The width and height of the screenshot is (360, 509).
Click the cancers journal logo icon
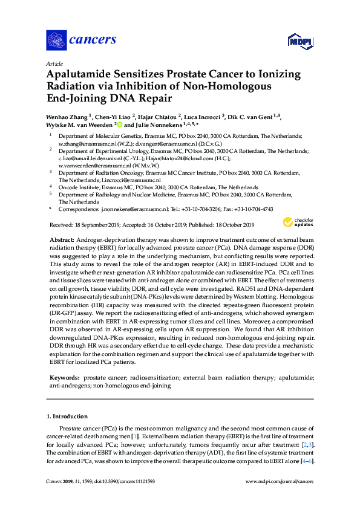pyautogui.click(x=57, y=40)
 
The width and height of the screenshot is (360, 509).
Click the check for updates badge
pyautogui.click(x=300, y=223)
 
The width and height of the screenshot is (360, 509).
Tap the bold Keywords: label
pyautogui.click(x=65, y=377)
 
